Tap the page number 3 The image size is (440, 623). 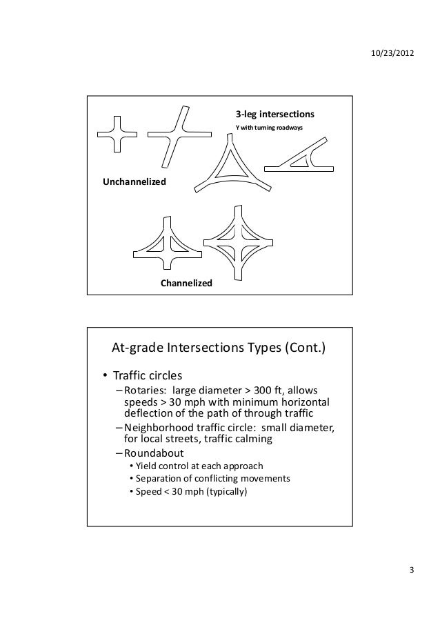point(412,569)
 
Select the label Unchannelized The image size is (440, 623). point(134,181)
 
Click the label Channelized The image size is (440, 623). point(186,284)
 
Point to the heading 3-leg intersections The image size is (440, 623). point(275,114)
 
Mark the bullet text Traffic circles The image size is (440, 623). point(148,377)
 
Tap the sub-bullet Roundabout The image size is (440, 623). point(154,453)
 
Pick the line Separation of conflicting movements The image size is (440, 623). point(213,479)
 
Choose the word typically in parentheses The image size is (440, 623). point(226,493)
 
